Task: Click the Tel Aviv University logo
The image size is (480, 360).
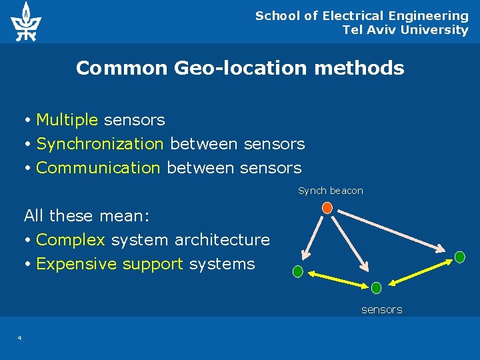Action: tap(25, 21)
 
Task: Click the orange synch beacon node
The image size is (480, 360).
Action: tap(327, 207)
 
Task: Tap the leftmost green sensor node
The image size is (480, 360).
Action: tap(298, 271)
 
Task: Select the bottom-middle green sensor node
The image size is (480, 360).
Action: tap(376, 288)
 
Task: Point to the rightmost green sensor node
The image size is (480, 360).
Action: tap(459, 257)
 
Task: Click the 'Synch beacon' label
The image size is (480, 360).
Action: tap(331, 191)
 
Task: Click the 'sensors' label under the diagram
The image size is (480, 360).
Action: tap(381, 309)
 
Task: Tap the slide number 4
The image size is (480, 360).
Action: tap(19, 338)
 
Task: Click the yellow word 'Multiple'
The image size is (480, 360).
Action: tap(67, 120)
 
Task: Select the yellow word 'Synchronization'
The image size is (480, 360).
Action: tap(100, 144)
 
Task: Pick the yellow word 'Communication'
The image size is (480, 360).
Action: tap(99, 168)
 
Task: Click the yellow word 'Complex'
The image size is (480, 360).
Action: tap(71, 240)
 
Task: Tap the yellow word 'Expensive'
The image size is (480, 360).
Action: tap(77, 264)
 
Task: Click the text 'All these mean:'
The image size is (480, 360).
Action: tap(87, 216)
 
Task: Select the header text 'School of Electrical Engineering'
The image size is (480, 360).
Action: tap(362, 15)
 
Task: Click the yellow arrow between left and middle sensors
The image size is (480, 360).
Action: tap(337, 279)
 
